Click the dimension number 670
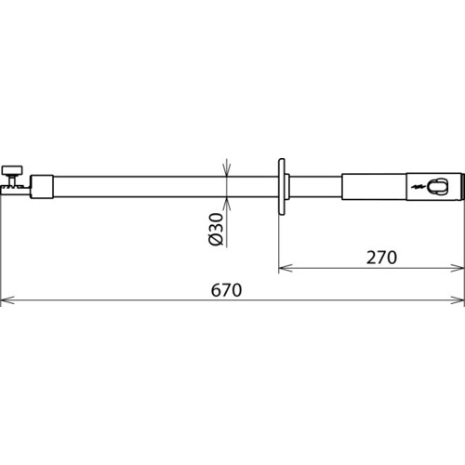(226, 290)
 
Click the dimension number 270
(381, 258)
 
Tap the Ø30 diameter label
(216, 230)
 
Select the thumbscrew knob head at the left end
(13, 170)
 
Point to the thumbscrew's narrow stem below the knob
(13, 179)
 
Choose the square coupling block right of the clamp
(42, 187)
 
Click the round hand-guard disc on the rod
(282, 186)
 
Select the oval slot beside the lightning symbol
(437, 187)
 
